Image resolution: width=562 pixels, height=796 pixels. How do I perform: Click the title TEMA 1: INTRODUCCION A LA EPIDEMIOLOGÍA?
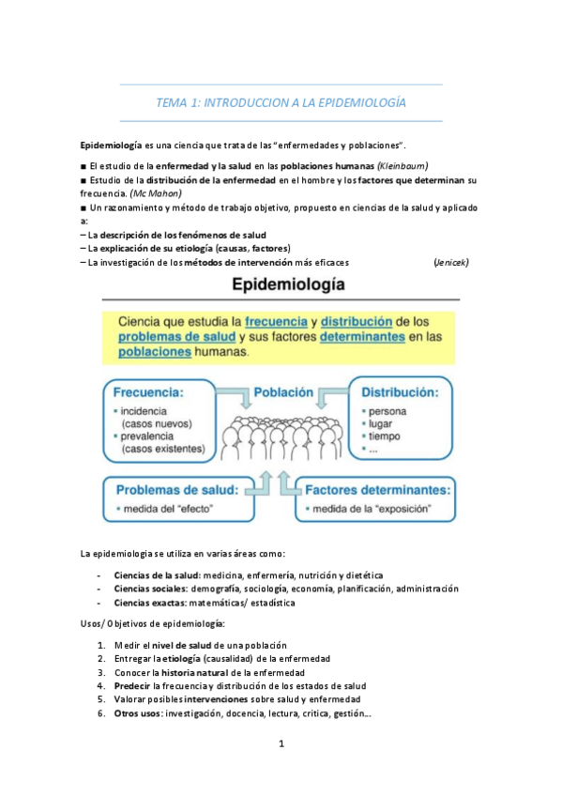point(281,101)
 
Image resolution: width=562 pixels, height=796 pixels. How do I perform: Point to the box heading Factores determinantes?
point(375,490)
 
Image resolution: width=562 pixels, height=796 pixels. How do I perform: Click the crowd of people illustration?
point(279,438)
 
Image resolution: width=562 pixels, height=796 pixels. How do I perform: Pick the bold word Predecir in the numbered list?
point(132,686)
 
